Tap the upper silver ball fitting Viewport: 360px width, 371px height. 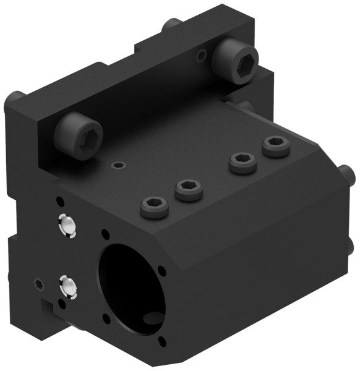[x=66, y=227]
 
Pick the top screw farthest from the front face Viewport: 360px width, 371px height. [x=275, y=147]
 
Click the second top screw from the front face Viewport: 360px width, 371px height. [x=189, y=189]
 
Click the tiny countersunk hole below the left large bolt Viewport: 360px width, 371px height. [x=118, y=166]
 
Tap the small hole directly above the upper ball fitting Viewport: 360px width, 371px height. [x=59, y=202]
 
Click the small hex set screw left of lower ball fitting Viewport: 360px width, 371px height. [x=39, y=284]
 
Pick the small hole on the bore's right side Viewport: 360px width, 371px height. [x=162, y=270]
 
